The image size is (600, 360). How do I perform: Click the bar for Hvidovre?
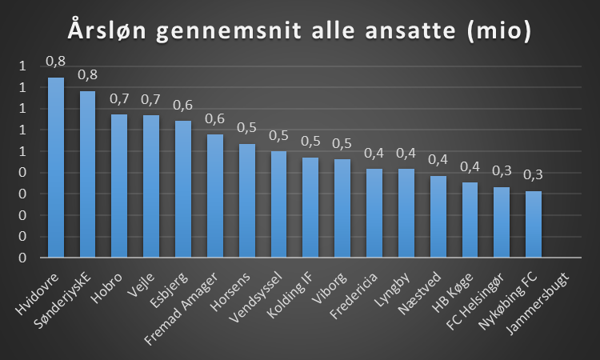pos(56,168)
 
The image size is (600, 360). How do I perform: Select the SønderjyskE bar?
pos(88,174)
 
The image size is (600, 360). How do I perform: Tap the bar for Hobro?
pos(119,186)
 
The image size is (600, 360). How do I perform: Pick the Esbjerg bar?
pos(183,190)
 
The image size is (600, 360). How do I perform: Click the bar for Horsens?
pos(247,201)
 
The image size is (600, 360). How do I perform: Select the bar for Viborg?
pos(342,209)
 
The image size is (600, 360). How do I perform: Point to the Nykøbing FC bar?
pos(534,225)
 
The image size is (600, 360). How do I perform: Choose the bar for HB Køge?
pos(470,220)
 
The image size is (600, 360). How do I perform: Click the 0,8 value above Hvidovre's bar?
pos(55,61)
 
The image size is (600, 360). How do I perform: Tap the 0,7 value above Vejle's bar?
pos(151,99)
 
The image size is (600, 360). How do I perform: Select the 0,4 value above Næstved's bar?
pos(438,160)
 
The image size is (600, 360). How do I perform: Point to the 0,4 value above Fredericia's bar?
pos(374,153)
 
